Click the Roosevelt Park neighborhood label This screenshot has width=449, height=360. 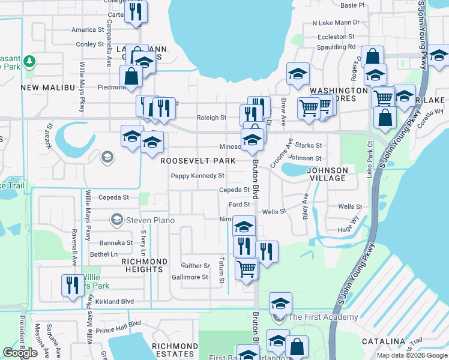197,161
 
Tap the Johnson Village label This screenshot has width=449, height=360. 327,174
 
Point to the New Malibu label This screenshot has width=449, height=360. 46,88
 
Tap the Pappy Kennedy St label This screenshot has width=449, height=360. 197,176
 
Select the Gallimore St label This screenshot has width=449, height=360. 190,277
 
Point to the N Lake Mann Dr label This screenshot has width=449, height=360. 336,23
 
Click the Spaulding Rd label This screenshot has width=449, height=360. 336,46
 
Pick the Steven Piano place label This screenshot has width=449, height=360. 149,220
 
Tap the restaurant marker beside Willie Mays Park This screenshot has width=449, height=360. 73,284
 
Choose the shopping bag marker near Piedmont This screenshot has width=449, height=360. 131,76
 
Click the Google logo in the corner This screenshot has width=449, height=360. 20,353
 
